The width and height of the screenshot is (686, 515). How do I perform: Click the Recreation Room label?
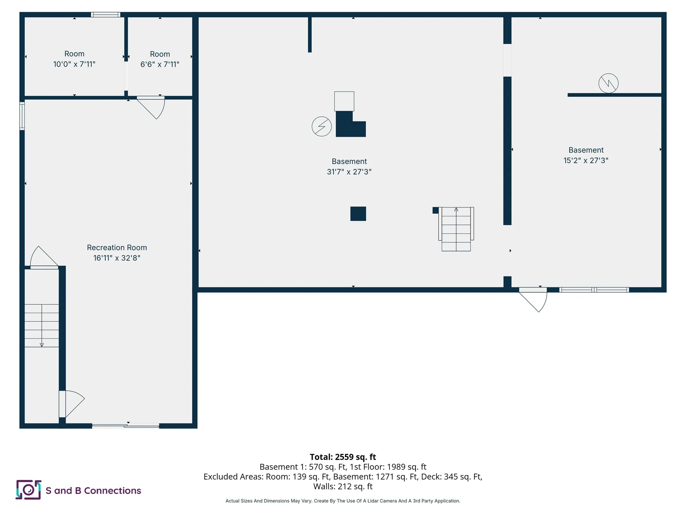(x=117, y=247)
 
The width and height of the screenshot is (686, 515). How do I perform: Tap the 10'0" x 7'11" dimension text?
(x=74, y=64)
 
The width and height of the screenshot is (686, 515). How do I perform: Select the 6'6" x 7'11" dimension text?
(x=160, y=64)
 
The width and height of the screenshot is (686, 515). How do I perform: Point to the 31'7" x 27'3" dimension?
(x=349, y=172)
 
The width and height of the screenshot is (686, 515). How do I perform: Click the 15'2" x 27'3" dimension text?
(x=586, y=160)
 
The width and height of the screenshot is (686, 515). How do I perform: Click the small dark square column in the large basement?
(x=358, y=214)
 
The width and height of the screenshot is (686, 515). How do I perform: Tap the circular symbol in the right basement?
(x=608, y=83)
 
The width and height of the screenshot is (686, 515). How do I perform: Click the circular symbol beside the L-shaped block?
(x=322, y=126)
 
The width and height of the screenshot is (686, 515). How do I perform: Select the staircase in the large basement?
(x=456, y=229)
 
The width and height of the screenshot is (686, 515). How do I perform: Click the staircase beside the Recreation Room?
(x=41, y=325)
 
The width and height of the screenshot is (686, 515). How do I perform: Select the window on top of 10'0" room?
(x=105, y=15)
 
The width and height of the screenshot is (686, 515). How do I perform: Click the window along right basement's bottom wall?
(x=594, y=290)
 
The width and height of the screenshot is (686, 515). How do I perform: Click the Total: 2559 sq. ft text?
(x=343, y=457)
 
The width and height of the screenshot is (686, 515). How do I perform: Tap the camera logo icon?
(x=28, y=490)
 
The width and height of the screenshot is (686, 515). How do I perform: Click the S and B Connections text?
(x=93, y=490)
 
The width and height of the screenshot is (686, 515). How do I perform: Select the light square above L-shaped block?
(x=344, y=101)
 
